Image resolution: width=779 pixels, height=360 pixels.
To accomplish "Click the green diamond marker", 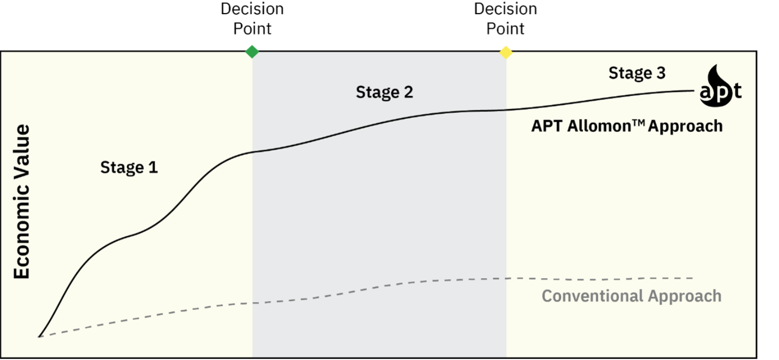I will coord(252,51).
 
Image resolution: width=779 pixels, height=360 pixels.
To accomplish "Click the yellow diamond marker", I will coord(506,52).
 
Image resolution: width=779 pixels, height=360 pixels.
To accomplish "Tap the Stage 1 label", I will coord(129,168).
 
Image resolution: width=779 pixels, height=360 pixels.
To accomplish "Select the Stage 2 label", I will coord(384,92).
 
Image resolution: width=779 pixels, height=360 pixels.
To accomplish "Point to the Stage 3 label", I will coord(636,73).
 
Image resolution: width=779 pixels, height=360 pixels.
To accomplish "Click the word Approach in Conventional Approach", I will coord(685,296).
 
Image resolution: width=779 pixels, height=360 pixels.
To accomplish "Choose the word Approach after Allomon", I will coord(686,127).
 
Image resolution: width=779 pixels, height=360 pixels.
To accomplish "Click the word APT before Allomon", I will coord(547,126).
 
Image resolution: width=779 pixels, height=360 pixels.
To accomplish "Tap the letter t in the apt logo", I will coord(737,91).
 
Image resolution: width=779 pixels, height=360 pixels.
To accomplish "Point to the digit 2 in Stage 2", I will coord(408,92).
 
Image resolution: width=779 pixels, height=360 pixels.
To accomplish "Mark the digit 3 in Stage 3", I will coord(661,73).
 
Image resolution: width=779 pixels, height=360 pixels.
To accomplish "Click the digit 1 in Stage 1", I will coord(153,168).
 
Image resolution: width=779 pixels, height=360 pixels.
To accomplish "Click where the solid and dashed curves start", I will coord(39,336).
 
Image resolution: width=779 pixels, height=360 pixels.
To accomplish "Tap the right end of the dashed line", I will coord(691,278).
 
